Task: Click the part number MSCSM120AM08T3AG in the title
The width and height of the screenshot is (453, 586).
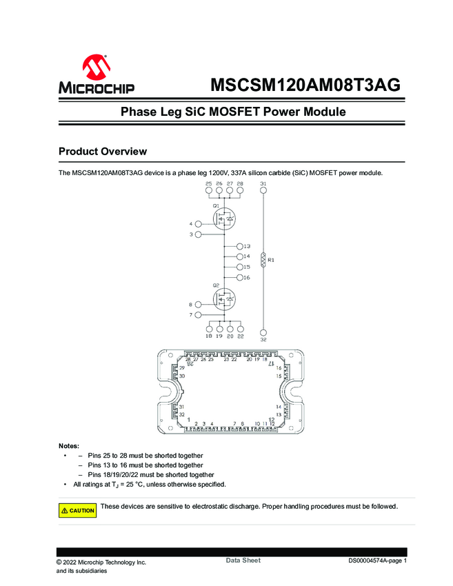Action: pyautogui.click(x=305, y=85)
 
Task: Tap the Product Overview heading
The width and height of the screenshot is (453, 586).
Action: pyautogui.click(x=102, y=151)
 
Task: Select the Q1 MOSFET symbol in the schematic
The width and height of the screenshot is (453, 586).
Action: pyautogui.click(x=224, y=219)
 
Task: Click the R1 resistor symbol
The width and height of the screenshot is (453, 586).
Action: pyautogui.click(x=263, y=260)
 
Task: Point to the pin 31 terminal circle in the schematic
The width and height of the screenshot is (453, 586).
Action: pyautogui.click(x=263, y=193)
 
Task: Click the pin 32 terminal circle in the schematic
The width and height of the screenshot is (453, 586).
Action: pyautogui.click(x=263, y=330)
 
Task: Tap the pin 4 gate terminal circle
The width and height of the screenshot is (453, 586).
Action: pyautogui.click(x=199, y=224)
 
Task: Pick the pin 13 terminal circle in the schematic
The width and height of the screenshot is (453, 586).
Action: pyautogui.click(x=239, y=246)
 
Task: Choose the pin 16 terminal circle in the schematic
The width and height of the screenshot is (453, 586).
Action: pyautogui.click(x=239, y=277)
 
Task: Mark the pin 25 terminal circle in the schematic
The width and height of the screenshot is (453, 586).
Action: pyautogui.click(x=209, y=193)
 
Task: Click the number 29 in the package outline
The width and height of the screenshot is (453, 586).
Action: pyautogui.click(x=182, y=369)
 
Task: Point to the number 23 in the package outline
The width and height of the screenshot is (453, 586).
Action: pyautogui.click(x=226, y=359)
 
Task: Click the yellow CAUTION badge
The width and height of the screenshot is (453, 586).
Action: pyautogui.click(x=77, y=510)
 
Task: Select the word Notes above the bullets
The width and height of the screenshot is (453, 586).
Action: pyautogui.click(x=69, y=446)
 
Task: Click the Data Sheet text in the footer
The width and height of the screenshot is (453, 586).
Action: pyautogui.click(x=243, y=560)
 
